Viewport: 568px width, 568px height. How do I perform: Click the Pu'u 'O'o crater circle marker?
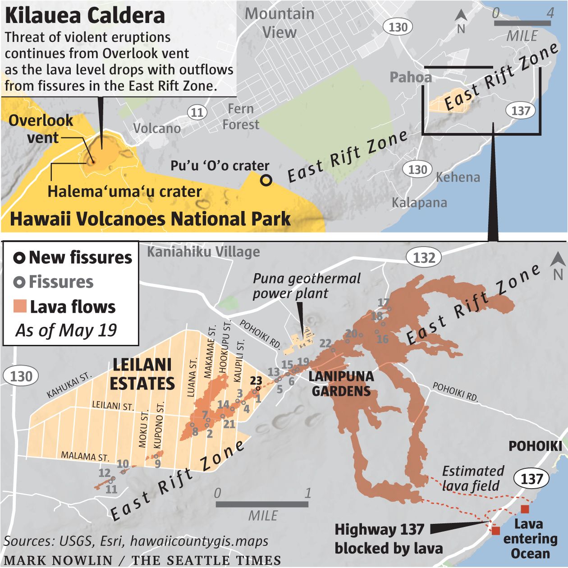[x=266, y=180]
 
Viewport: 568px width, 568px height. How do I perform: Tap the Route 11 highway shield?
[x=197, y=112]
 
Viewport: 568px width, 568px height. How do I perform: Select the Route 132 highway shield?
[x=424, y=258]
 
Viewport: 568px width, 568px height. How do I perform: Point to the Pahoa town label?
[x=410, y=77]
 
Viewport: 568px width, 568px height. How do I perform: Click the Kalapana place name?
[x=419, y=202]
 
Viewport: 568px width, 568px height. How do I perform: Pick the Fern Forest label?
[x=241, y=116]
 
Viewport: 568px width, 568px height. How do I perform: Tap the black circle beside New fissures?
[x=19, y=258]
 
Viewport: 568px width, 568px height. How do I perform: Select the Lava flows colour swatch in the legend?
[x=20, y=307]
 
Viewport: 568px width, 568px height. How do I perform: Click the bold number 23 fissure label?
[x=256, y=381]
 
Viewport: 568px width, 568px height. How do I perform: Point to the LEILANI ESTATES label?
[x=142, y=374]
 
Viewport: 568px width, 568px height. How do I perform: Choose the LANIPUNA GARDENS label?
[x=341, y=383]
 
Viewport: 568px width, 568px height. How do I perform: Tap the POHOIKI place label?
[x=535, y=446]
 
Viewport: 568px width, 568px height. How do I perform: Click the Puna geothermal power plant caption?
[x=307, y=286]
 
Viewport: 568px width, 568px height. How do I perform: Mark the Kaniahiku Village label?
[x=203, y=252]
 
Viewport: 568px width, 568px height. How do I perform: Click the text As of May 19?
[x=66, y=330]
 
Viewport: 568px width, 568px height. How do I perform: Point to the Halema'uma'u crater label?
[x=124, y=191]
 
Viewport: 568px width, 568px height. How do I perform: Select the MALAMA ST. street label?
[x=85, y=456]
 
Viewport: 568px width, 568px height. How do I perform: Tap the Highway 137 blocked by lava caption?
[x=380, y=538]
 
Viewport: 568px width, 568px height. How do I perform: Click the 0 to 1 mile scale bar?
[x=262, y=504]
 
